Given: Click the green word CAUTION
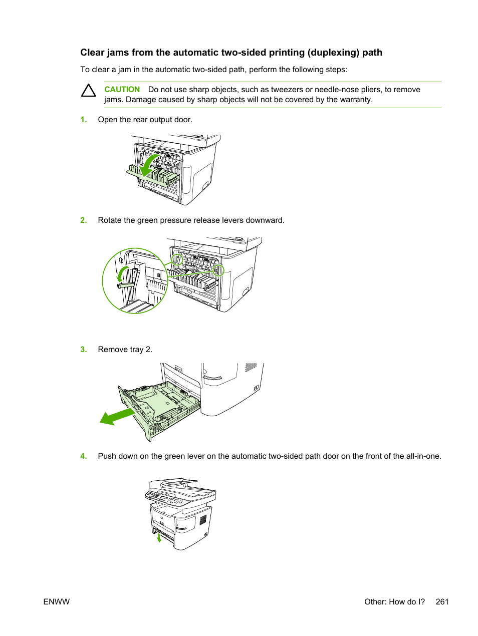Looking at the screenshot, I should (122, 90).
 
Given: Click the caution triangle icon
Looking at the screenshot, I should (89, 91).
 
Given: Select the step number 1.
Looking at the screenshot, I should (84, 120).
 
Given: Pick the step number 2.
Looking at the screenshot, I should (84, 220).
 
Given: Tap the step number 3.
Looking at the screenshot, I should (84, 350).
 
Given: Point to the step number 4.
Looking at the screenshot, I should (84, 456).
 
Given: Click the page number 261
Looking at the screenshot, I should (442, 602).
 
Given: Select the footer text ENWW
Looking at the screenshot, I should (57, 602).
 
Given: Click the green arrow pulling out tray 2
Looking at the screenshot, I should (117, 416).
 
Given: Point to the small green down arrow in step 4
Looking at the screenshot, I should (159, 538).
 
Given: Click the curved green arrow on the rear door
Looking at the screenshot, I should (148, 165).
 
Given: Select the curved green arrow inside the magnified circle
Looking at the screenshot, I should (121, 273).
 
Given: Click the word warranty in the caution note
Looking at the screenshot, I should (355, 100).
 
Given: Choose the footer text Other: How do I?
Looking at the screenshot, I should (394, 602).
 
